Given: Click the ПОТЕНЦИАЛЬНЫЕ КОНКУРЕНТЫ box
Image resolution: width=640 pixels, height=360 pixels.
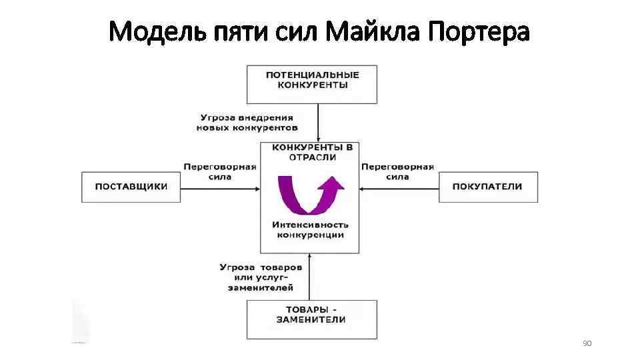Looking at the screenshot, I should (312, 83).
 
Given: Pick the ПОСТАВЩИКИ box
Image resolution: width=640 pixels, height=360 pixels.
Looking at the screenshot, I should (131, 187).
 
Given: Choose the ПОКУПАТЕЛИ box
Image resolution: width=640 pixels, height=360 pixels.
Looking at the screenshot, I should (487, 187).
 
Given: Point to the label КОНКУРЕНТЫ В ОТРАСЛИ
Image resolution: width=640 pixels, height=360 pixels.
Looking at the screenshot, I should (312, 151).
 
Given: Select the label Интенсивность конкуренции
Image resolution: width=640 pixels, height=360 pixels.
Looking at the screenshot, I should (311, 229).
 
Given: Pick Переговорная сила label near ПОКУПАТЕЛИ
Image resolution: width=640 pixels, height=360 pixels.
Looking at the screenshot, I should (398, 171).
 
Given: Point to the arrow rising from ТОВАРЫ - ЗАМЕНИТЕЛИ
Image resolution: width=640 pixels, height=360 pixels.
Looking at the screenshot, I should (309, 276).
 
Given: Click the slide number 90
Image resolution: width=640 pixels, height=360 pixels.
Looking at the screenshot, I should (587, 343).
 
